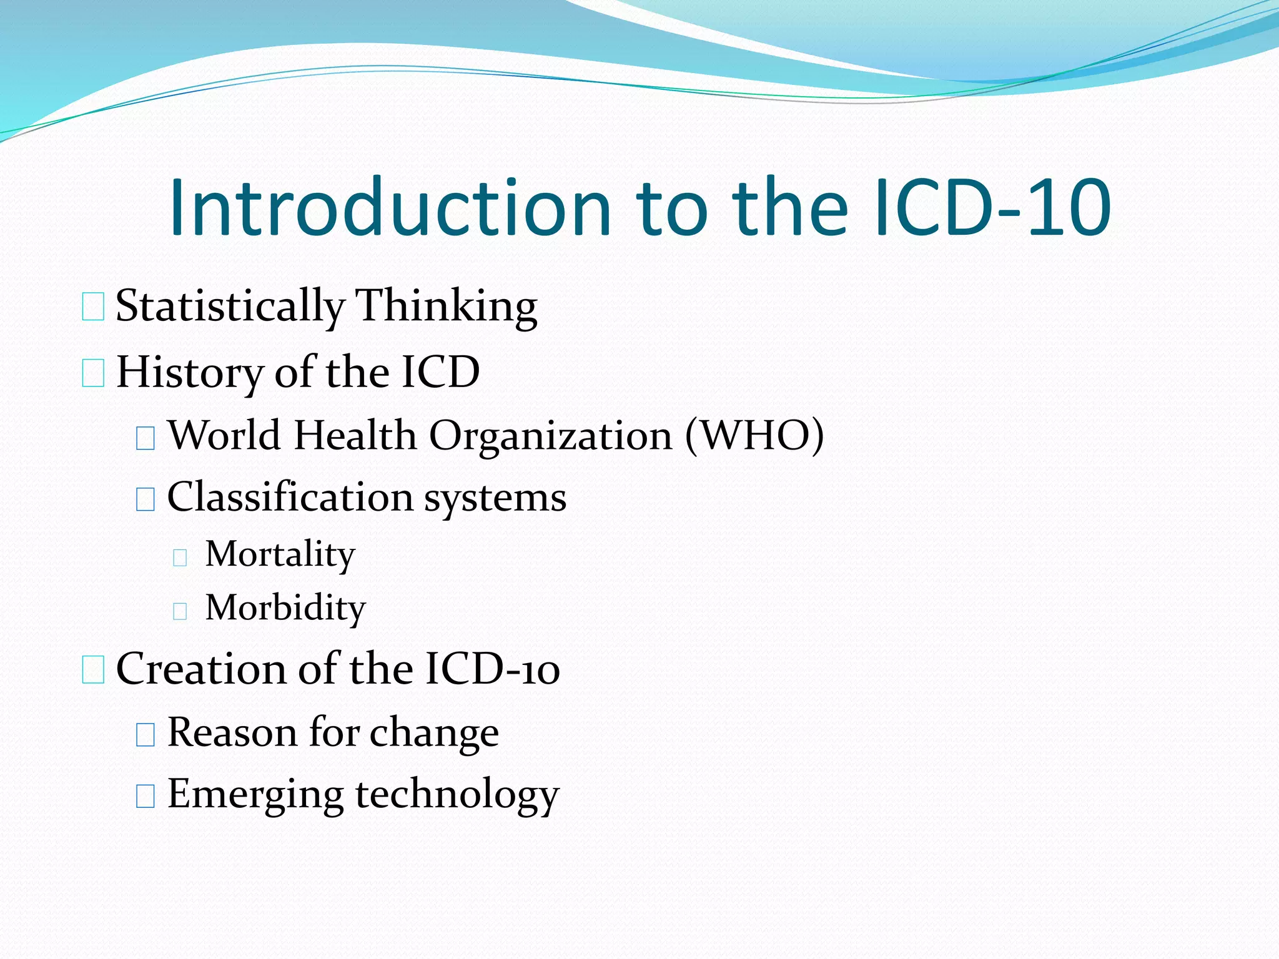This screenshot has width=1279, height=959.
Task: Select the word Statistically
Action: [230, 307]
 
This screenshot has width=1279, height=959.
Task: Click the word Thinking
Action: [446, 307]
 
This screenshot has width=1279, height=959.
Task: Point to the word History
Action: [190, 373]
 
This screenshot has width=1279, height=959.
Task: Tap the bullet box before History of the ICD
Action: [93, 373]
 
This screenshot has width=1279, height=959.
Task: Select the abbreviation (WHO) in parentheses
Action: [754, 435]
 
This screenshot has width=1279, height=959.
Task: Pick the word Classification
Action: [290, 498]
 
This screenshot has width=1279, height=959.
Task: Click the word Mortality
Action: [280, 554]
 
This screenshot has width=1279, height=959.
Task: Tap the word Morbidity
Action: [285, 608]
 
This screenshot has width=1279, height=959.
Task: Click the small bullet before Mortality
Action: [180, 557]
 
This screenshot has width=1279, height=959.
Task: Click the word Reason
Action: [232, 732]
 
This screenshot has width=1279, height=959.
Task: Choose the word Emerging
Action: [255, 795]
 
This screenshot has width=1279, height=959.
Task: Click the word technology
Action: [457, 795]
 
